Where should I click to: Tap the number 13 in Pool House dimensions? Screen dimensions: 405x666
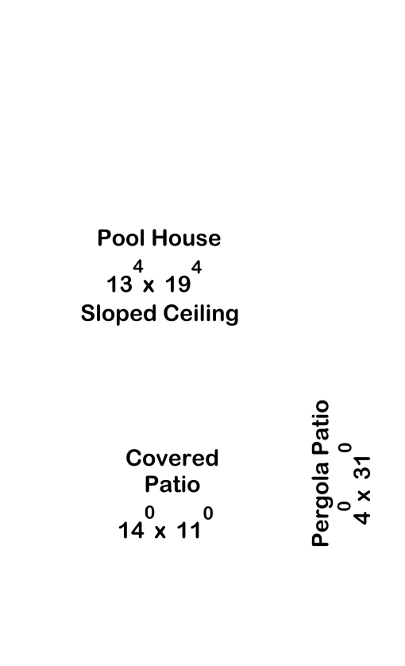coord(119,285)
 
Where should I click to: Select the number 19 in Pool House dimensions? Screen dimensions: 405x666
coord(178,285)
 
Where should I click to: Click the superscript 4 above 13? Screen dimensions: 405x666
coord(138,267)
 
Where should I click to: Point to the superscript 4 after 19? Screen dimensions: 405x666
coord(197,267)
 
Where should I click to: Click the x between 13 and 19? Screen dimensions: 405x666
coord(148,286)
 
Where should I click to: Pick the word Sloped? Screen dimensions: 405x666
coord(118,314)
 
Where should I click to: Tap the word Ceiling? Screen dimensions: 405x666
coord(201,314)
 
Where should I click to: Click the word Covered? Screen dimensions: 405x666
coord(172,459)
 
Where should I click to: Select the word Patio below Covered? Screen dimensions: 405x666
coord(172,485)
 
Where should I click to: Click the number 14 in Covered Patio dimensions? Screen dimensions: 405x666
coord(131,531)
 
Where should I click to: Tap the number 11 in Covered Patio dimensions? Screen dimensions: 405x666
coord(188,531)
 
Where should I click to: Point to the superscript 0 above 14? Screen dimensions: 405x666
coord(149,513)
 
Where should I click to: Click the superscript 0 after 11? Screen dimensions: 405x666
coord(208,513)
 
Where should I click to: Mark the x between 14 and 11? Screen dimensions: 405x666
coord(160,532)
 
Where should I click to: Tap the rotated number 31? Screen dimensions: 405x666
coord(362,468)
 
